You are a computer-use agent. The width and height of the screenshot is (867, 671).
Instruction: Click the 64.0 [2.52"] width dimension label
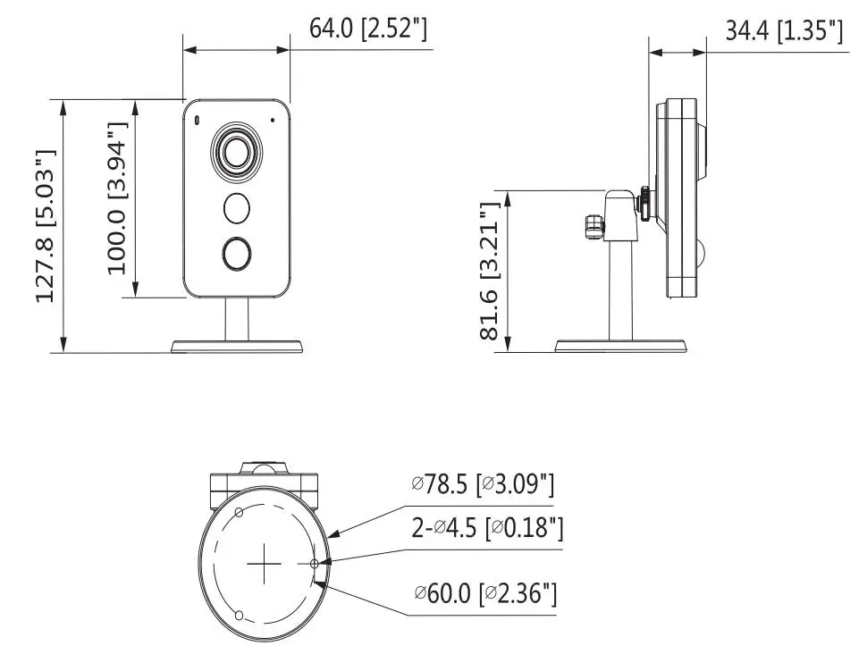(367, 29)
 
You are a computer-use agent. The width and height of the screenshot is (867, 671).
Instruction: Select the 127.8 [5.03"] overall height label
(46, 225)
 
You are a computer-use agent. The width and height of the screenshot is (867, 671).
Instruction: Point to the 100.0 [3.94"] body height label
(117, 197)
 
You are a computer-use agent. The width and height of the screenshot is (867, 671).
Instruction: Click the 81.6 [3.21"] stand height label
(490, 272)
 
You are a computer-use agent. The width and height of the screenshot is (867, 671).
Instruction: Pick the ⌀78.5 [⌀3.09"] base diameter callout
(483, 484)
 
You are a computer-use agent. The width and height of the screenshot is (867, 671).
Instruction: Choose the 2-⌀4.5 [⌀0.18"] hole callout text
(487, 528)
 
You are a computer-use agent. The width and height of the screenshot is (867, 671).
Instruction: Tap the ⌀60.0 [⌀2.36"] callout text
(485, 593)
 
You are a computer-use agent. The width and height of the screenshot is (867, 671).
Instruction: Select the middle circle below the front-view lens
(237, 208)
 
